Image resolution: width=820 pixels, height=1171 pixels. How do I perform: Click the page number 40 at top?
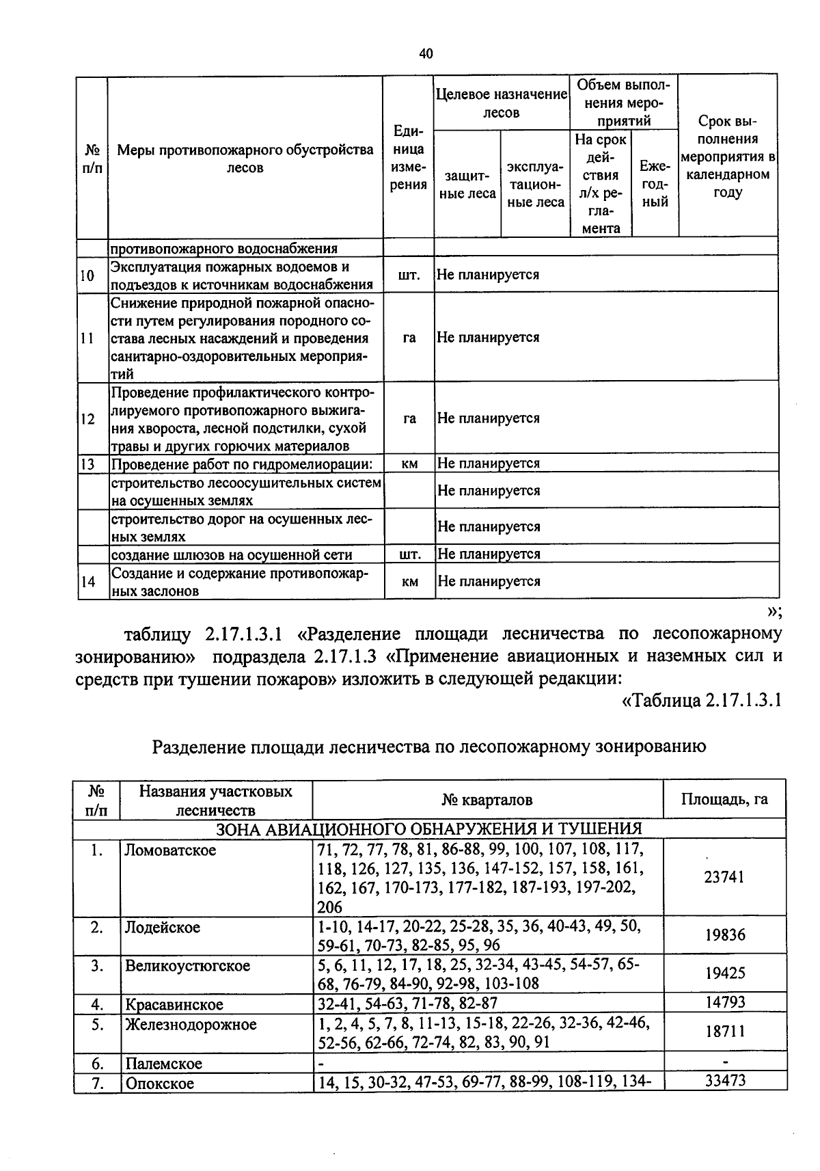point(426,54)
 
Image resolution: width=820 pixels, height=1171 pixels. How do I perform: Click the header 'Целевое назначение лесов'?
point(501,103)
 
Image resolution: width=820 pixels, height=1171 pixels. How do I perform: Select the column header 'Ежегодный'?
point(655,184)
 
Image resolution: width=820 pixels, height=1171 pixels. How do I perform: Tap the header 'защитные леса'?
point(467,185)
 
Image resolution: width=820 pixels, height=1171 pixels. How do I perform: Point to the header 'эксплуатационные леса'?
point(535,185)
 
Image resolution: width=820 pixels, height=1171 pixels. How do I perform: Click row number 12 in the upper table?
point(87,419)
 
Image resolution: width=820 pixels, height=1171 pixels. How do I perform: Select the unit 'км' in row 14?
point(409,582)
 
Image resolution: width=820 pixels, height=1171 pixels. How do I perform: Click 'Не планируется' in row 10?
point(488,275)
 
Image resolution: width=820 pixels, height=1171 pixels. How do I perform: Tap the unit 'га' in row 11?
point(409,338)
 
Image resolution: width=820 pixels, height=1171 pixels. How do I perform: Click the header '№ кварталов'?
point(487,800)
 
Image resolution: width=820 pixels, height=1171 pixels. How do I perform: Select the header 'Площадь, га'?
point(724,799)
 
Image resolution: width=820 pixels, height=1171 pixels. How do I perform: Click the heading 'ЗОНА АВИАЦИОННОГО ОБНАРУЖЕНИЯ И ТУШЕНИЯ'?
point(429,829)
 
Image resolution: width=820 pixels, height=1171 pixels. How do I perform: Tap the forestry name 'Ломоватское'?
point(170,850)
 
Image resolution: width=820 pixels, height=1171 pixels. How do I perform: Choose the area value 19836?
point(724,935)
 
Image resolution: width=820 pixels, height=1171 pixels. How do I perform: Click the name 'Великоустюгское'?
point(187,966)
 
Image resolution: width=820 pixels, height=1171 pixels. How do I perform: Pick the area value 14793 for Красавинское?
point(724,1003)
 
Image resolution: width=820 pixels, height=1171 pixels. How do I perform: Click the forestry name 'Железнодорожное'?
point(191,1024)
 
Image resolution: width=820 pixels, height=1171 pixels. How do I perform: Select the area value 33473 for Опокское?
point(724,1080)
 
